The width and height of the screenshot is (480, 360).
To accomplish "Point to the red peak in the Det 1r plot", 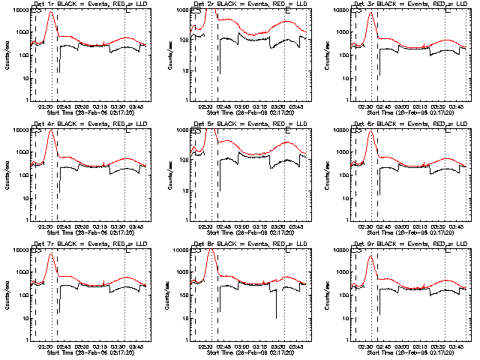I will [x=49, y=12].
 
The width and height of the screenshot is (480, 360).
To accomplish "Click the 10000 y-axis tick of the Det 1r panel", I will [x=19, y=10].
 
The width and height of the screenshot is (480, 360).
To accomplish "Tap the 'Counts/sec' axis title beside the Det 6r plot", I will [x=327, y=175].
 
